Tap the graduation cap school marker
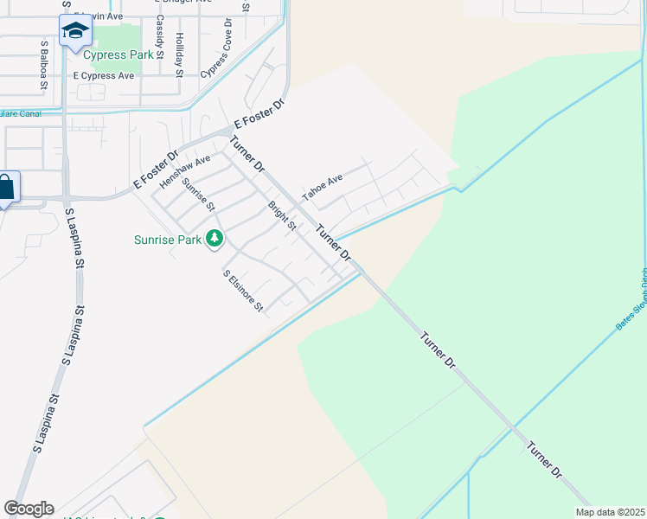pos(75,32)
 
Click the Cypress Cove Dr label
pos(217,48)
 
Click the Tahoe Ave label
pos(323,187)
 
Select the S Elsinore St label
pos(243,292)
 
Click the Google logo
pos(29,509)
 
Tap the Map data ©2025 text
pos(610,512)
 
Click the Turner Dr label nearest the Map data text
pos(545,461)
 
